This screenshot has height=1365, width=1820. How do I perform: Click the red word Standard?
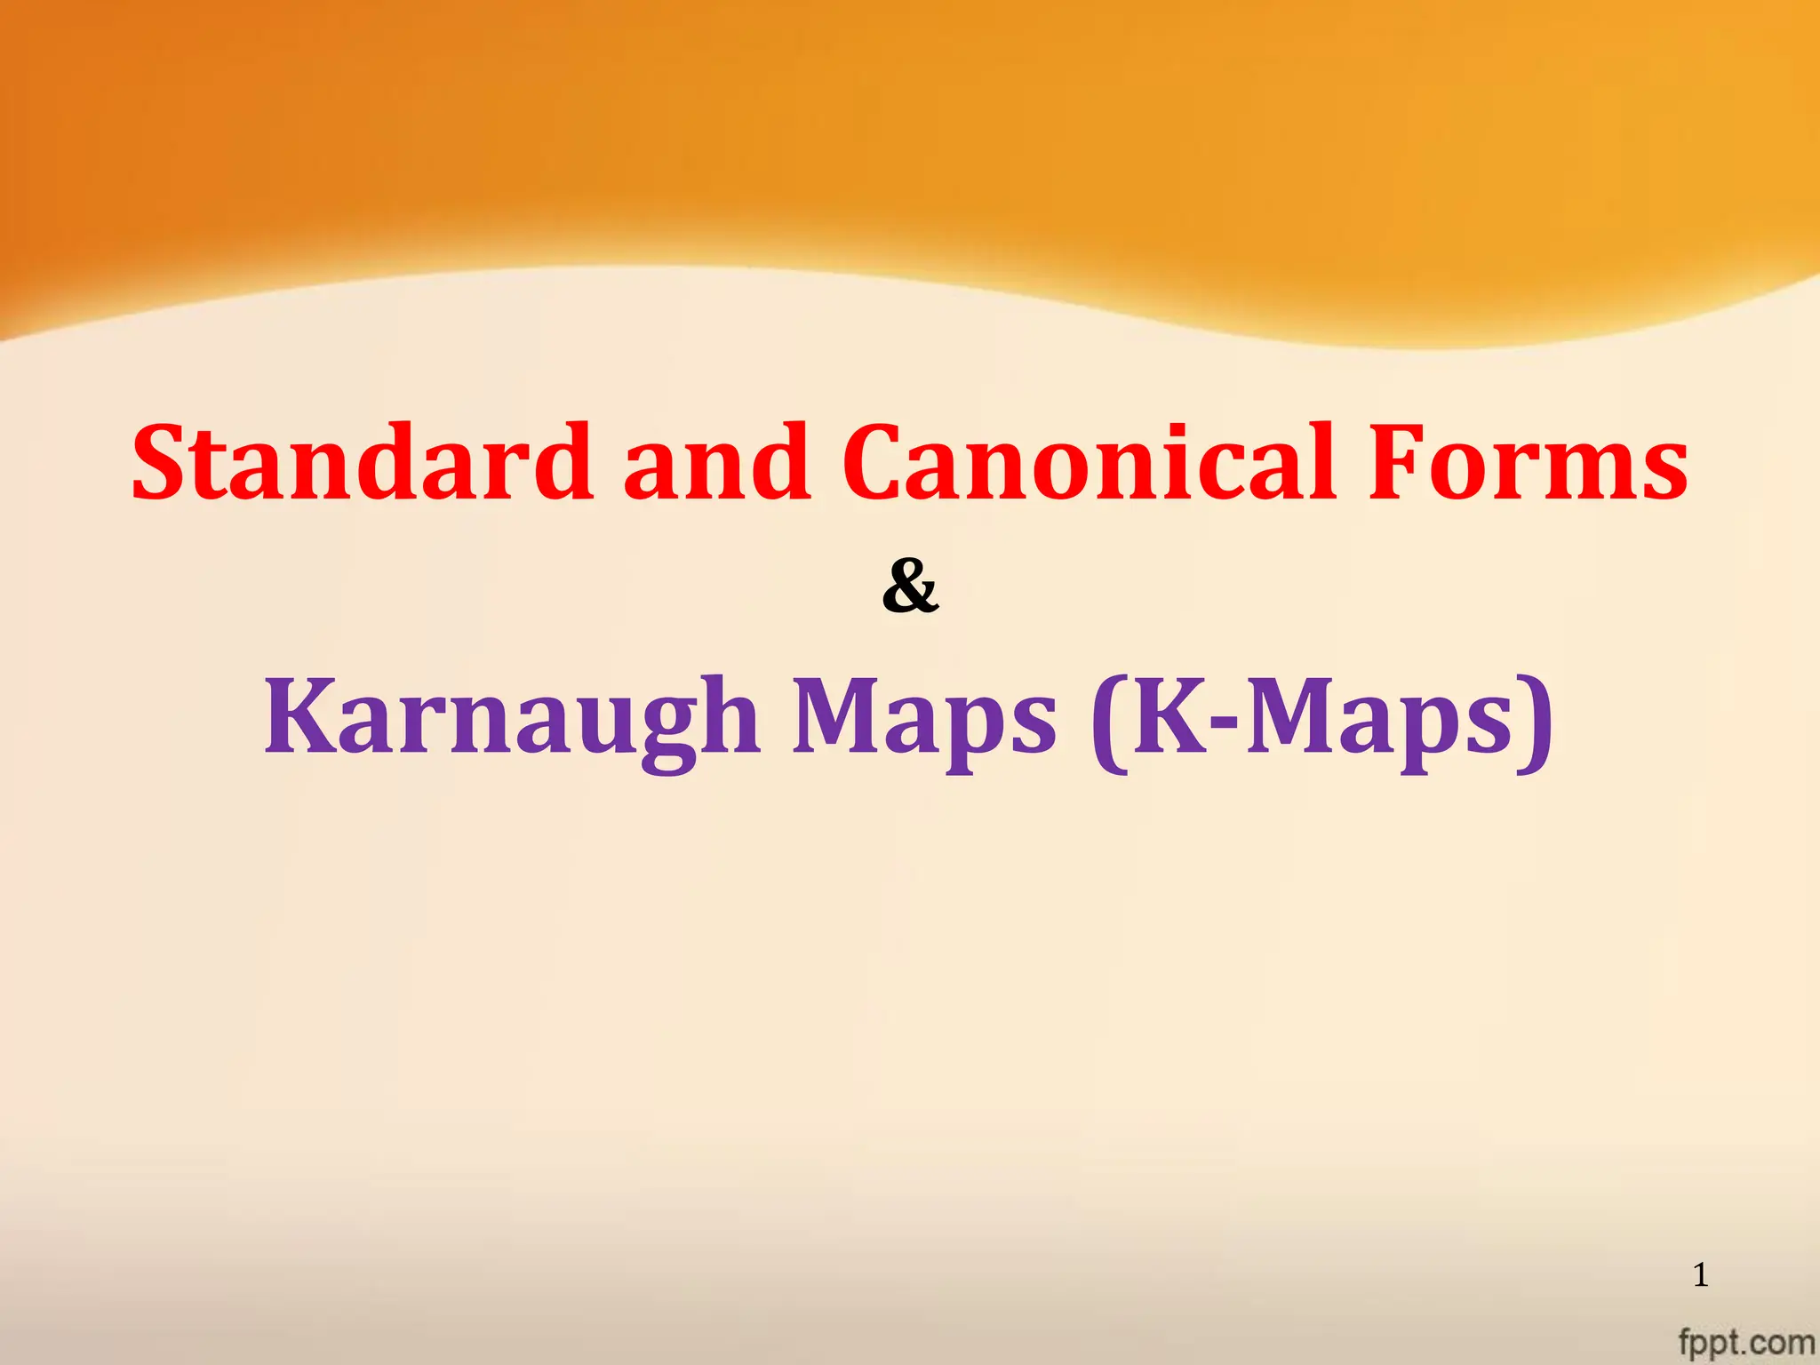pos(363,463)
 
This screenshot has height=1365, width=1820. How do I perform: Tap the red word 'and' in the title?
pos(716,463)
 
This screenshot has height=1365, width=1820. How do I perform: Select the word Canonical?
pos(1089,463)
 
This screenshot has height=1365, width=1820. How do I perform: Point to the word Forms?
pos(1527,463)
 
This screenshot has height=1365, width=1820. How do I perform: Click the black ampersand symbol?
pos(910,587)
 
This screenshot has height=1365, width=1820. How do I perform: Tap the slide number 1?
pos(1700,1276)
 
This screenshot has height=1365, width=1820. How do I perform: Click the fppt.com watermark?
pos(1745,1342)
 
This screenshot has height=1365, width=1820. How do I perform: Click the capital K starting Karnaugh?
pos(300,715)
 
